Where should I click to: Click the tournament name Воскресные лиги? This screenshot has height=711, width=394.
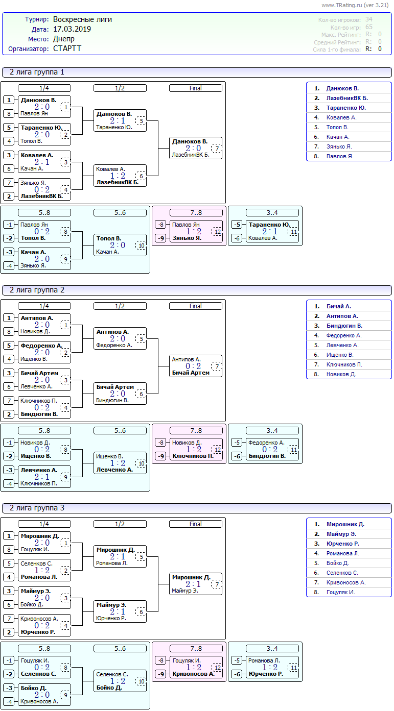[x=82, y=19]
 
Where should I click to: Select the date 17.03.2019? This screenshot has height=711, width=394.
[x=72, y=29]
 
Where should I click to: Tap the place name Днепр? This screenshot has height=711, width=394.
[x=63, y=39]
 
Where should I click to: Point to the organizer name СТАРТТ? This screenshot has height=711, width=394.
[x=67, y=48]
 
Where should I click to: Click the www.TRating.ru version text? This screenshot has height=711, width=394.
[x=355, y=5]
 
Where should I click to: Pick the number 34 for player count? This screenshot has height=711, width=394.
[x=369, y=19]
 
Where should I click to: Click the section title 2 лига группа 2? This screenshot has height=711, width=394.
[x=37, y=290]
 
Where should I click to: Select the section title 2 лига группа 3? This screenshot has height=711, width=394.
[x=37, y=508]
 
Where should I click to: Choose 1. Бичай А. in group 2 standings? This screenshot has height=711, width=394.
[x=338, y=306]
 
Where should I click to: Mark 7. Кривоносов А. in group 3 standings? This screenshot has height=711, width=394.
[x=345, y=582]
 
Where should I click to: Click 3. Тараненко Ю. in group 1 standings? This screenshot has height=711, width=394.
[x=345, y=108]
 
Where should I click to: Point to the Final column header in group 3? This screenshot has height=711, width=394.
[x=196, y=524]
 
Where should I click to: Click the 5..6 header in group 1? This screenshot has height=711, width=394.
[x=120, y=212]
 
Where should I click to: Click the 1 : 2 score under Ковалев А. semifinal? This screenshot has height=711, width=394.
[x=118, y=176]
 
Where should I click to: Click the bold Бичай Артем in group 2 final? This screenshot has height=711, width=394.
[x=191, y=373]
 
